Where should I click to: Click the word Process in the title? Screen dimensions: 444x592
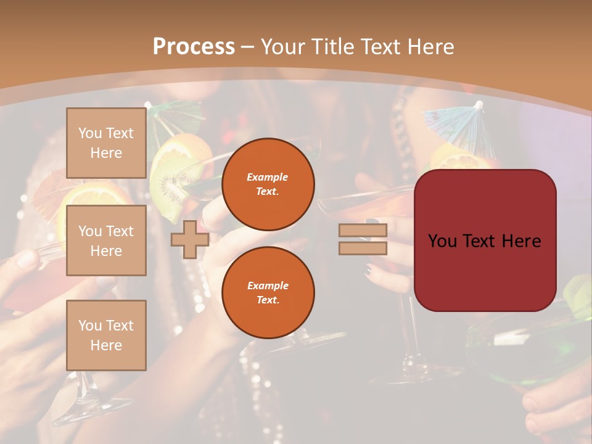194,47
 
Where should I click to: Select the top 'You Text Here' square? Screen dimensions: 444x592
106,143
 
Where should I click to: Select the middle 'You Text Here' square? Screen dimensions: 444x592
106,240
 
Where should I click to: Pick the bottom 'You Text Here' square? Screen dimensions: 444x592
106,335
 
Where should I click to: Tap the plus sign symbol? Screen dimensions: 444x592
189,239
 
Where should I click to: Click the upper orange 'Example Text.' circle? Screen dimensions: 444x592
268,184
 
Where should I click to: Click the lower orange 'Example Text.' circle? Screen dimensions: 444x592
268,292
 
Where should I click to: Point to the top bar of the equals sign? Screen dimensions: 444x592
363,231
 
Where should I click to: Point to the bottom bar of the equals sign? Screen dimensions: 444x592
363,248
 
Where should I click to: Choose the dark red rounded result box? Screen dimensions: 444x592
485,240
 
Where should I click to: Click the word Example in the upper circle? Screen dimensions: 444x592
268,177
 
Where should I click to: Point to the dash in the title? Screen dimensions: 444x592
248,47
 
